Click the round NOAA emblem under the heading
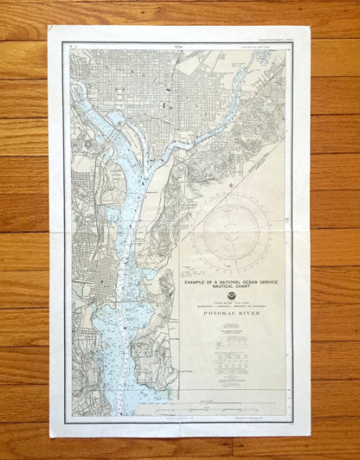click(229, 295)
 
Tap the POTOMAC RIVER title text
click(229, 316)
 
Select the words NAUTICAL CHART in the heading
click(229, 285)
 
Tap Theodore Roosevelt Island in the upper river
click(84, 105)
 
